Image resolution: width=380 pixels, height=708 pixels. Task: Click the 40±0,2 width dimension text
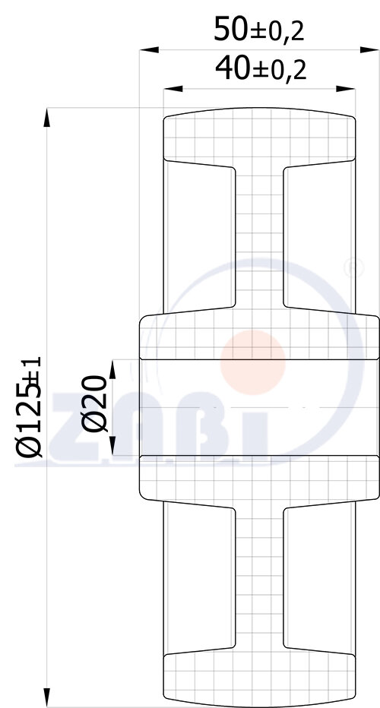(260, 71)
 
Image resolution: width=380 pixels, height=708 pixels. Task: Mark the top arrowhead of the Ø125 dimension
(48, 118)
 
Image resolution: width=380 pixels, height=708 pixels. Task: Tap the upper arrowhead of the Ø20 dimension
(112, 368)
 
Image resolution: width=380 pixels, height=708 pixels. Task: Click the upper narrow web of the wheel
(259, 235)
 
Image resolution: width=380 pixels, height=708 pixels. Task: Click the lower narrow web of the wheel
(259, 577)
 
